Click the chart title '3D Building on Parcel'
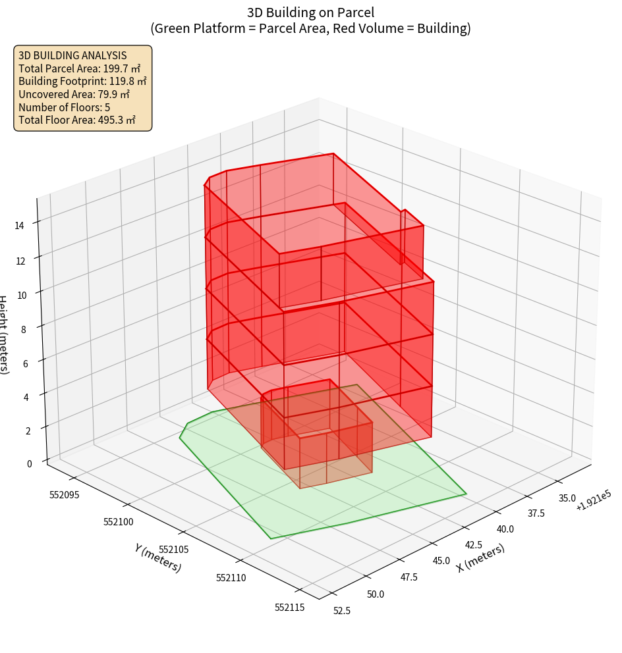[x=311, y=13]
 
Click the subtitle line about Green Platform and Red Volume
[x=311, y=28]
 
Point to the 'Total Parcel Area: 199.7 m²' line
[x=79, y=68]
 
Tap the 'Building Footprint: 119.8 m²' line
[x=82, y=81]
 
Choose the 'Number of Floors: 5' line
[x=64, y=107]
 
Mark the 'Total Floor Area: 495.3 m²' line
[x=77, y=120]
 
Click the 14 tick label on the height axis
[x=19, y=226]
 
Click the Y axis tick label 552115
[x=289, y=608]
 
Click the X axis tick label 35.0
[x=566, y=498]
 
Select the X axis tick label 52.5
[x=342, y=611]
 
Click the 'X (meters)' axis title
[x=480, y=558]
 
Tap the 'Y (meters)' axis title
[x=157, y=558]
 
